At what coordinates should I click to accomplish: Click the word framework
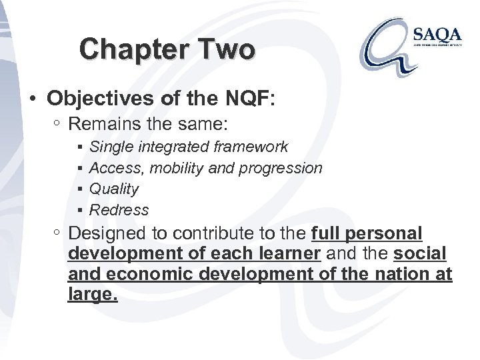(x=255, y=147)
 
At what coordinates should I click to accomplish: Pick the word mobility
(x=177, y=168)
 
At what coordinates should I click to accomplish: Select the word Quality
(x=113, y=189)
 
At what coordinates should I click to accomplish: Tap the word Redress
(x=119, y=210)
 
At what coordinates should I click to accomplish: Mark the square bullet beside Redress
(x=79, y=211)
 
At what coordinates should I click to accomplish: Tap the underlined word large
(x=92, y=295)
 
